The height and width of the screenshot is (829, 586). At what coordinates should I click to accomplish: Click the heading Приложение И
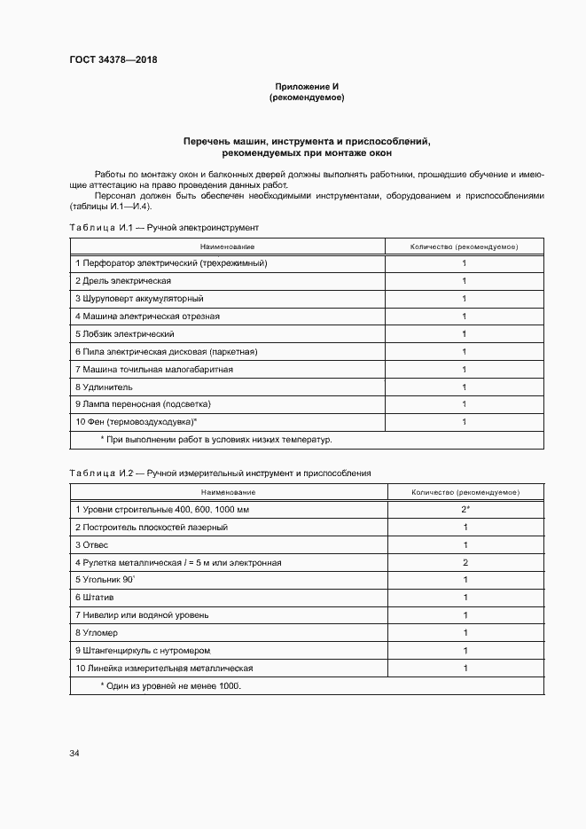click(306, 86)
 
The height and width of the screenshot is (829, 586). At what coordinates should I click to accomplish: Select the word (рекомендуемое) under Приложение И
click(306, 98)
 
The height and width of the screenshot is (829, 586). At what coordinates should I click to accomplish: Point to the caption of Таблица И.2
click(220, 473)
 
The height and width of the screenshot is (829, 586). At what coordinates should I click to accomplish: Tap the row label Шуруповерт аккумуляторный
click(139, 299)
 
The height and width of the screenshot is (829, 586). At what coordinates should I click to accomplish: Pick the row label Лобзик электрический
click(125, 334)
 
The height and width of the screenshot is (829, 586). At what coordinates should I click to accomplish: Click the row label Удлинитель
click(105, 387)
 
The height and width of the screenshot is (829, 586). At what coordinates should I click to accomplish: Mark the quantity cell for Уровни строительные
click(465, 510)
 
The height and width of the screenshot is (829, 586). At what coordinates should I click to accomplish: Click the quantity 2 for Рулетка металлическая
click(465, 562)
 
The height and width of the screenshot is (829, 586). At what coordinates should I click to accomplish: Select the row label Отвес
click(91, 544)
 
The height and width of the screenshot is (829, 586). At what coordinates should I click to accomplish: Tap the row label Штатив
click(94, 598)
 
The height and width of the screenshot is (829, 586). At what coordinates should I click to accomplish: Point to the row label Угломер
click(97, 633)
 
